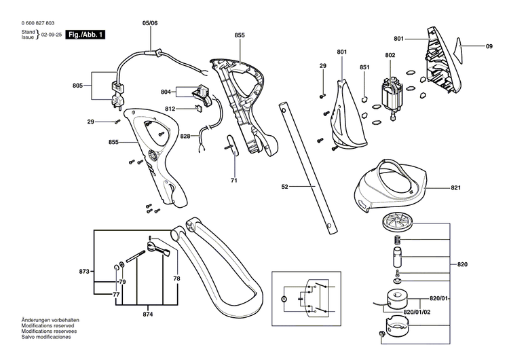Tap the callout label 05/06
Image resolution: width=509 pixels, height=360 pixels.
(149, 23)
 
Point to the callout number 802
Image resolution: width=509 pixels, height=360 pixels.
(390, 55)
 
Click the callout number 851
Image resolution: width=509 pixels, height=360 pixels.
(364, 67)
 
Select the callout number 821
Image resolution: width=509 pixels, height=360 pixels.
(455, 186)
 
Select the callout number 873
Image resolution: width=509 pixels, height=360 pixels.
(83, 271)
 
